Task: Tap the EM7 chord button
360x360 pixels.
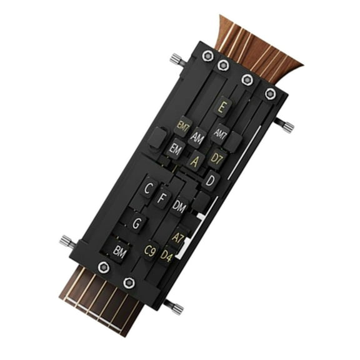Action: pos(183,126)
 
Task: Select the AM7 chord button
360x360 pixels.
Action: pos(219,132)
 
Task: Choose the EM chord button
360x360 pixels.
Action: pos(174,149)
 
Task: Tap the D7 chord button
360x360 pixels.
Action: pos(216,157)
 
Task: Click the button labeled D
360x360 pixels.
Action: pos(211,180)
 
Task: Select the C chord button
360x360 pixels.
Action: pos(149,187)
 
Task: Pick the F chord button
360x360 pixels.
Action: pos(162,199)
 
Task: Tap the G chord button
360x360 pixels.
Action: pos(137,222)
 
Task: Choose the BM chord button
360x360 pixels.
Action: pos(119,250)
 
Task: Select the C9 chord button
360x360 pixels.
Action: pos(149,251)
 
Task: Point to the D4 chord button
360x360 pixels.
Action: pos(166,255)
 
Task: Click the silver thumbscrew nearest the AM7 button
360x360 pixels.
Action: pos(286,127)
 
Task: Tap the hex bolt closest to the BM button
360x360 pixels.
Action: pos(104,267)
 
